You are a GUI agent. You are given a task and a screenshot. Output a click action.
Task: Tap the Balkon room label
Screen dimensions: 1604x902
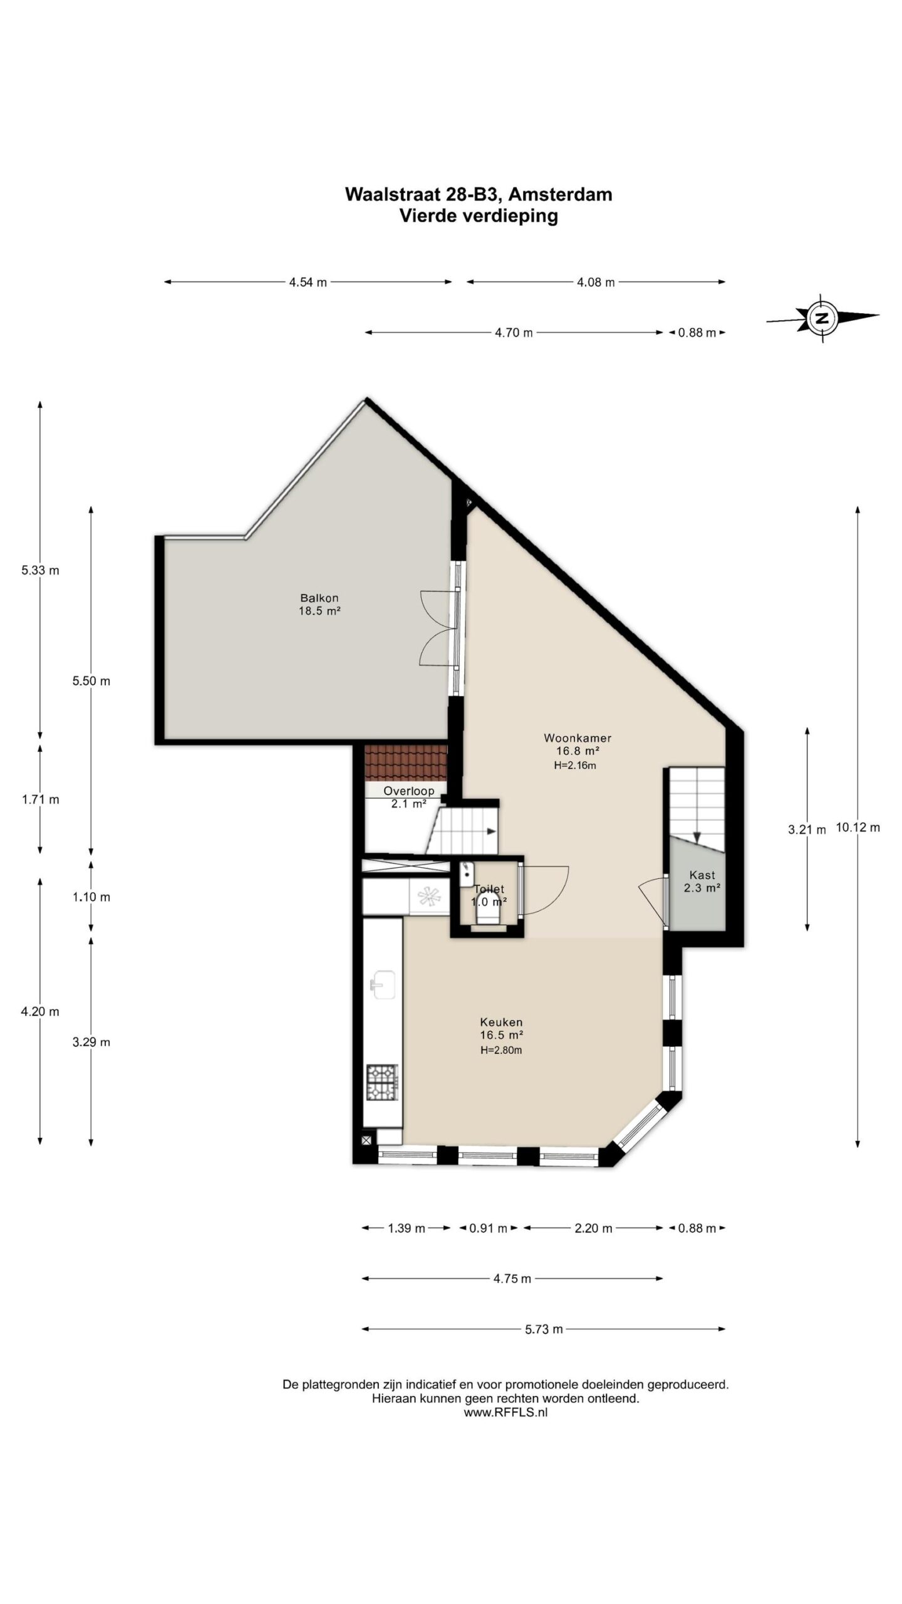tap(319, 604)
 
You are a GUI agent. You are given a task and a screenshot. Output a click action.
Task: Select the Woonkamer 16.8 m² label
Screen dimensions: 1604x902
tap(578, 744)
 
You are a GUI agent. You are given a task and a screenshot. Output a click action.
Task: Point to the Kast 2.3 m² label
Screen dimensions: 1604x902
tap(702, 881)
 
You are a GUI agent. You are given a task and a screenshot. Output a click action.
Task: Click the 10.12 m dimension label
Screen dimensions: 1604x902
tap(858, 827)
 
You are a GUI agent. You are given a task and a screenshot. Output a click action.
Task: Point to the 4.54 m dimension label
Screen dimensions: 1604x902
tap(308, 282)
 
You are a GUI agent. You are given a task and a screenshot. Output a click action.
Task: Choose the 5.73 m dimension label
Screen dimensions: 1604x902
tap(544, 1329)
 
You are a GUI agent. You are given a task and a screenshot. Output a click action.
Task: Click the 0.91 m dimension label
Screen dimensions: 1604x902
tap(488, 1228)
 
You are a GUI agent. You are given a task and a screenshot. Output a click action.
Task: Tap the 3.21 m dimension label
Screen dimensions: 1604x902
tap(807, 830)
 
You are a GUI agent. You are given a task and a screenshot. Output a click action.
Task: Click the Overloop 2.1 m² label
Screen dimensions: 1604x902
tap(408, 797)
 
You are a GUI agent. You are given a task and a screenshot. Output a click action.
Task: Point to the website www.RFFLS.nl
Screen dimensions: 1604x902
tap(505, 1412)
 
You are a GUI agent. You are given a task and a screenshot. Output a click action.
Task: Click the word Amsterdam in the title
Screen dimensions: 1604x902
tap(559, 194)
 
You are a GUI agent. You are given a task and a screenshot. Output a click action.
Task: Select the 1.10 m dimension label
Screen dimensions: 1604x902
tap(91, 897)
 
